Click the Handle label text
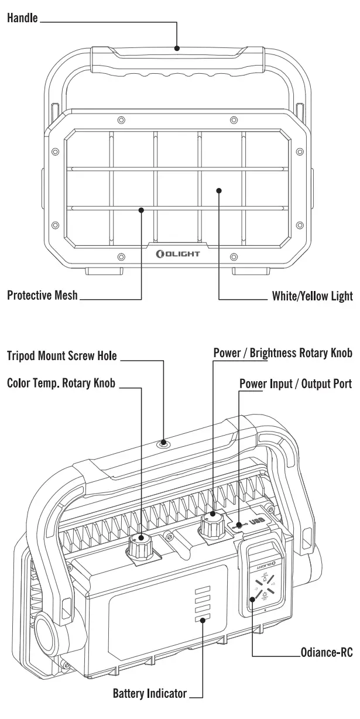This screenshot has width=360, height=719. [22, 18]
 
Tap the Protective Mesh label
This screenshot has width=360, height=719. [42, 295]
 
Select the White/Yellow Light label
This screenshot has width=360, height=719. [312, 296]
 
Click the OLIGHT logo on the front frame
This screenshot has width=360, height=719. [178, 254]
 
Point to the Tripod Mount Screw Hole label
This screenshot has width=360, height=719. [62, 355]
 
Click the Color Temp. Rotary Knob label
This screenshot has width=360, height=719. [61, 384]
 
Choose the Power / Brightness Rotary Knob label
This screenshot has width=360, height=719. [283, 353]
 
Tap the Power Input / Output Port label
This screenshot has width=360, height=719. [296, 384]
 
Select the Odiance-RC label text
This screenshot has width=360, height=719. [327, 652]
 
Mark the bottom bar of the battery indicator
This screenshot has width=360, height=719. [201, 619]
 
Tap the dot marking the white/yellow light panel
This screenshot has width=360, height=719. [218, 190]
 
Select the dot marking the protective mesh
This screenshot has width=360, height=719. [142, 208]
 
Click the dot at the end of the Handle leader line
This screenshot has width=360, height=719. [177, 48]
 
